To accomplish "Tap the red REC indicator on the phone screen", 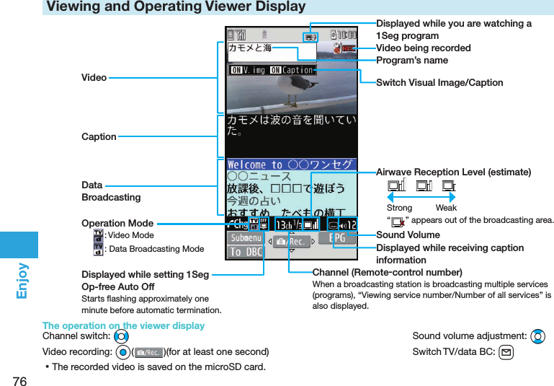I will click(x=347, y=48).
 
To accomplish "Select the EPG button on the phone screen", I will click(x=336, y=238).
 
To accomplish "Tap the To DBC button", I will click(x=246, y=252).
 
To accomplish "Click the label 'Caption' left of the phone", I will click(x=99, y=136).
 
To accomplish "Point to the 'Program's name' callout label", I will click(x=412, y=61).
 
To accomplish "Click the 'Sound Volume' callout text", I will click(x=408, y=235).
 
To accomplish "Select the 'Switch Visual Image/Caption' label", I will click(x=439, y=83).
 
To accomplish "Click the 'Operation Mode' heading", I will click(x=117, y=223).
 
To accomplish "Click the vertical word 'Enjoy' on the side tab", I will click(x=22, y=281).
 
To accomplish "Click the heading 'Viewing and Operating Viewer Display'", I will click(x=176, y=7).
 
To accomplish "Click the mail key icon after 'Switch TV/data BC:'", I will click(x=506, y=352).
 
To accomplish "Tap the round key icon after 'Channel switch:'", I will click(x=121, y=337).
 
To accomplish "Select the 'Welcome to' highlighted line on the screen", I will click(x=291, y=165).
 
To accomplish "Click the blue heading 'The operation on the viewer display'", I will click(x=123, y=325).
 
